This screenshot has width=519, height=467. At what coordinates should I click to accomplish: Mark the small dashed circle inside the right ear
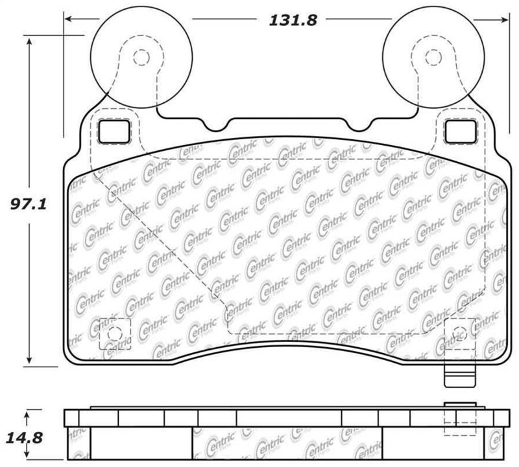coord(430,58)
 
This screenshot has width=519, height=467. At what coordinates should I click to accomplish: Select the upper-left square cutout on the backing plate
coord(115,132)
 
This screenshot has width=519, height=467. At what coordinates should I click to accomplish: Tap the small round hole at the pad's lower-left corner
coord(115,334)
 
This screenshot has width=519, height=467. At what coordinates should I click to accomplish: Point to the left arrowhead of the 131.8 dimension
coord(69,19)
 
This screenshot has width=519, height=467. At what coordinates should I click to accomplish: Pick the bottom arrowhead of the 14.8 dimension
coord(27,461)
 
